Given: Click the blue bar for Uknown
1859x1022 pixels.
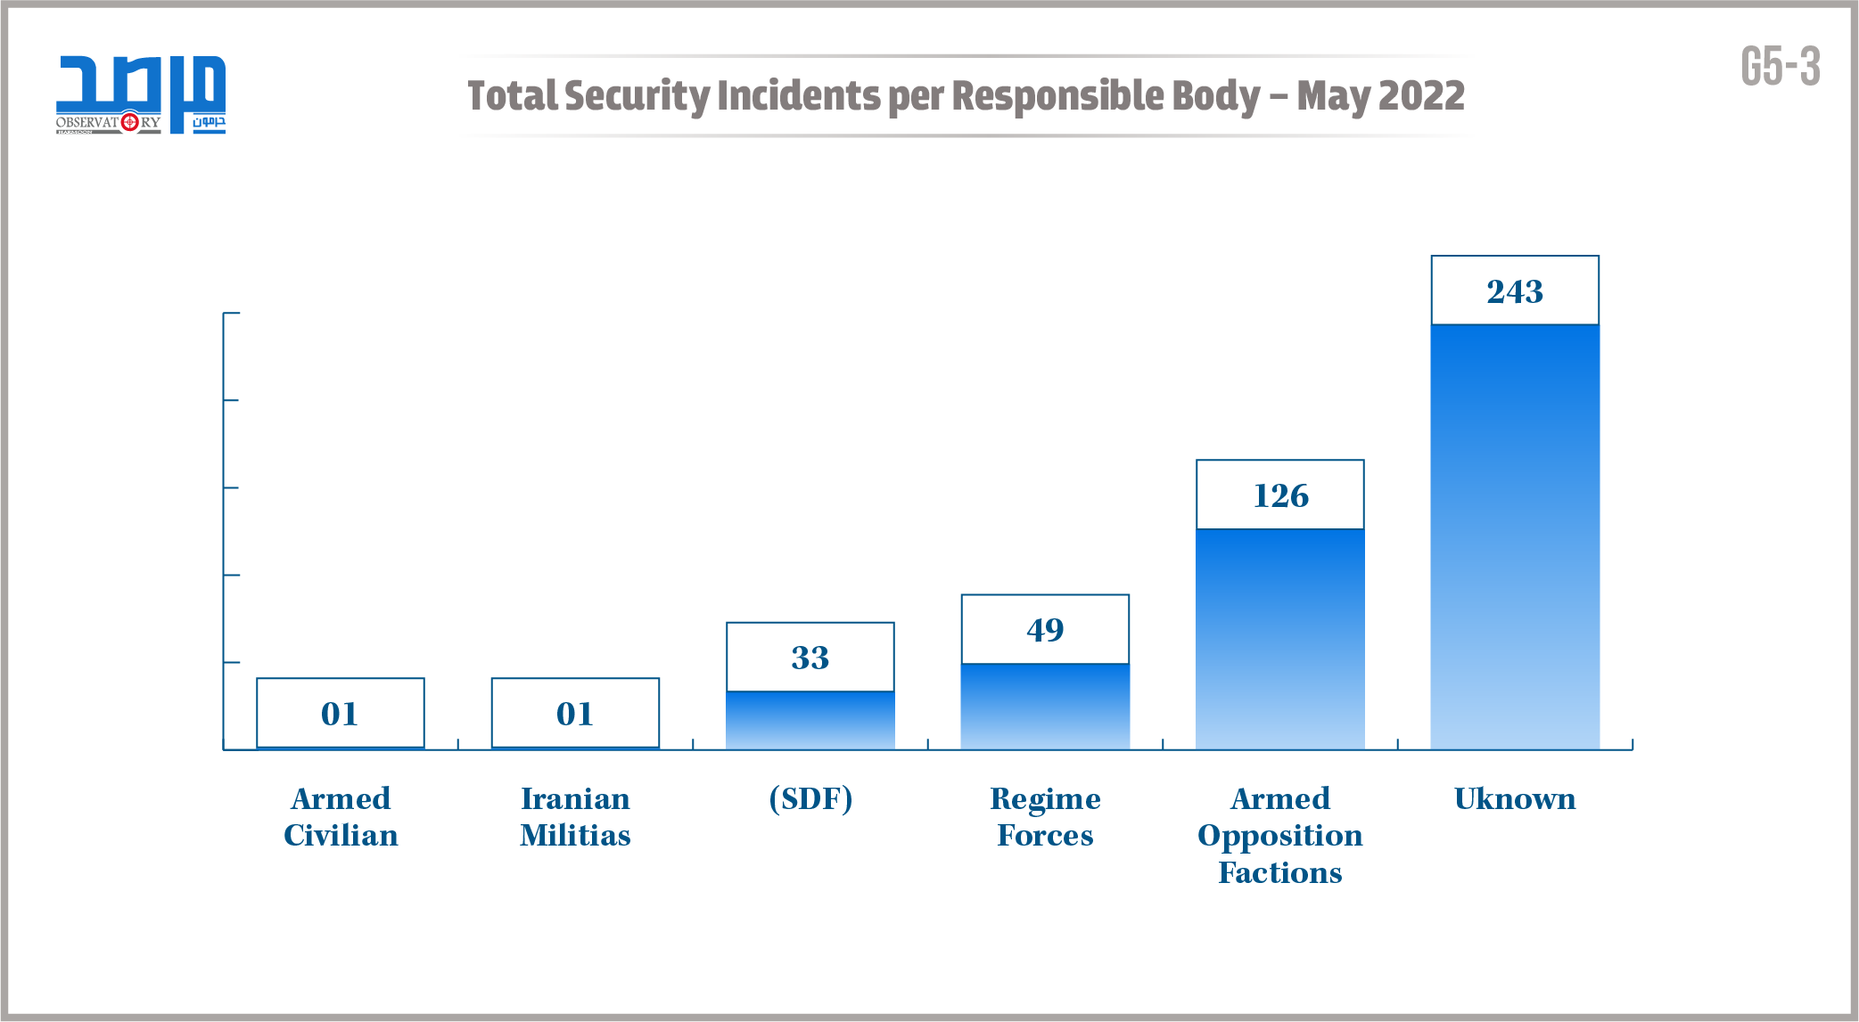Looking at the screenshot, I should pyautogui.click(x=1514, y=536).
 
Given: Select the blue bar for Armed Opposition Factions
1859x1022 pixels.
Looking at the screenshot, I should pyautogui.click(x=1279, y=639).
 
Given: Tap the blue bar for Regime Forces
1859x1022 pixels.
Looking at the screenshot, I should pyautogui.click(x=1044, y=707).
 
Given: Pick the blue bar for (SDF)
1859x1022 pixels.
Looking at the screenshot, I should pyautogui.click(x=810, y=720).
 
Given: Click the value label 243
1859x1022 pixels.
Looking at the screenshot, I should pyautogui.click(x=1514, y=291).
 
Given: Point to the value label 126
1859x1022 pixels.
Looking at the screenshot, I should pyautogui.click(x=1279, y=495).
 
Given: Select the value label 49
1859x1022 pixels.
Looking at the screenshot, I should pyautogui.click(x=1044, y=630).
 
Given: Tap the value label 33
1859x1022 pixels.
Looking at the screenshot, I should pyautogui.click(x=810, y=658).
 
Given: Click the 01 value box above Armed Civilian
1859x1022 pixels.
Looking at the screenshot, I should pyautogui.click(x=340, y=713).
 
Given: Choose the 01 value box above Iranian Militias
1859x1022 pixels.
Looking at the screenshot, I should pyautogui.click(x=575, y=713).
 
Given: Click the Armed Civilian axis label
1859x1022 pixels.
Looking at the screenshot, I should pyautogui.click(x=341, y=816).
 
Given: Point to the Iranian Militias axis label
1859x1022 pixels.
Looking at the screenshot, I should pyautogui.click(x=575, y=816).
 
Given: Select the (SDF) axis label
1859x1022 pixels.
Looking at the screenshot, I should pyautogui.click(x=810, y=798).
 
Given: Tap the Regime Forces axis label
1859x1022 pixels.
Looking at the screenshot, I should pyautogui.click(x=1045, y=816).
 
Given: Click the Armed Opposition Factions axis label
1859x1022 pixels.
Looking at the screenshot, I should pyautogui.click(x=1279, y=835).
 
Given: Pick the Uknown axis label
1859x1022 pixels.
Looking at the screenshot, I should pyautogui.click(x=1514, y=798).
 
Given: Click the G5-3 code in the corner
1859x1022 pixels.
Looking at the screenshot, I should pyautogui.click(x=1780, y=67).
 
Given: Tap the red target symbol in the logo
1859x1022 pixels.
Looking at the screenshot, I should pyautogui.click(x=130, y=121).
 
